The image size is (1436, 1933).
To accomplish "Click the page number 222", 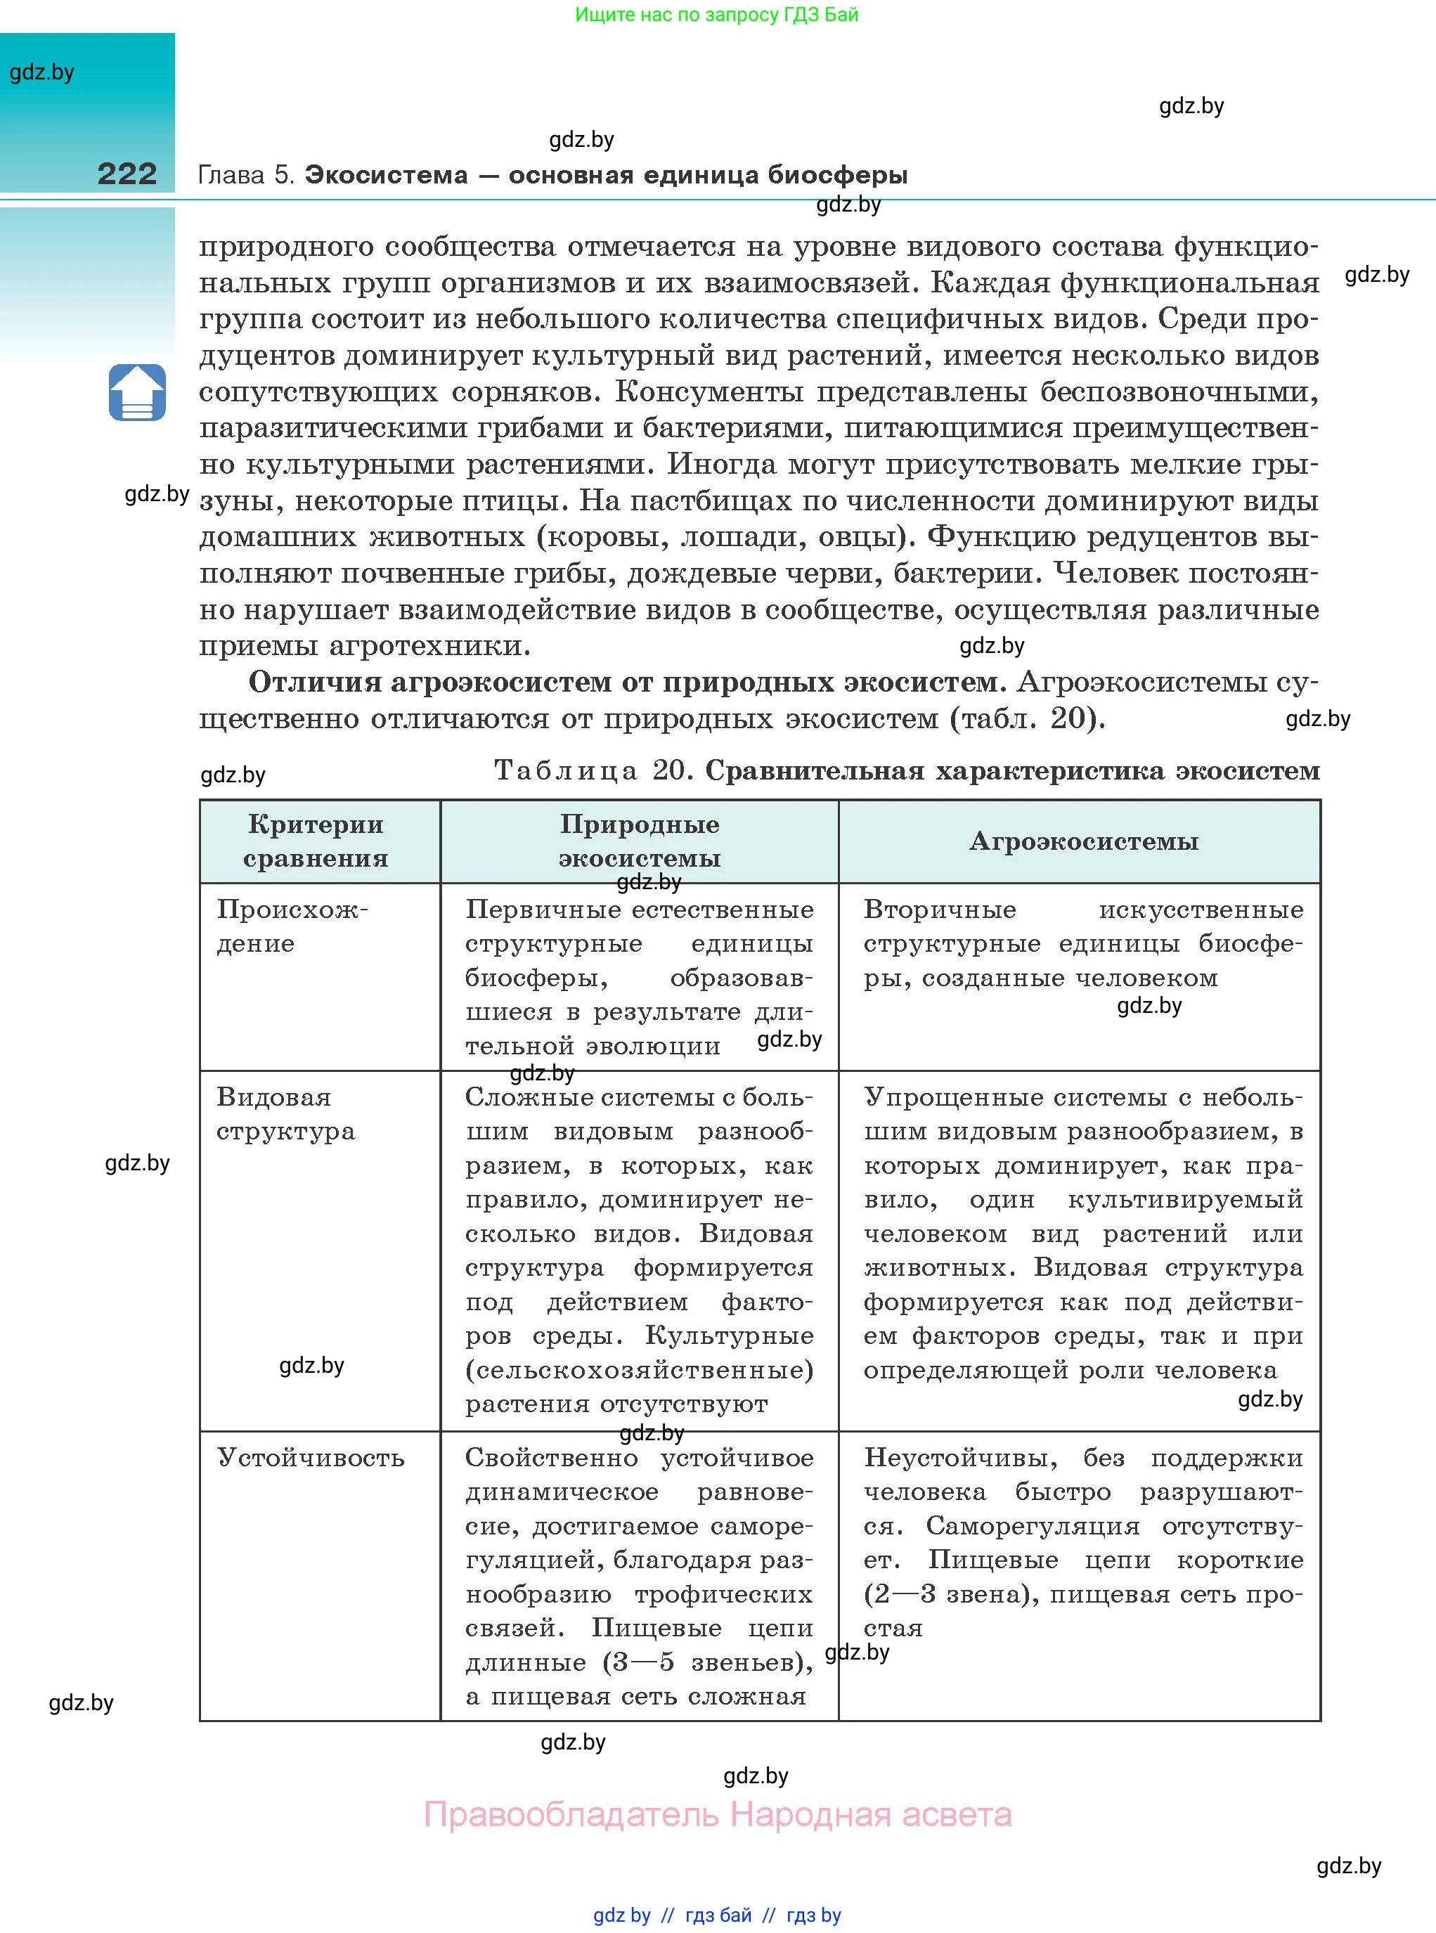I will click(127, 174).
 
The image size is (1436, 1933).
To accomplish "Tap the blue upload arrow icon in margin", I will click(137, 393).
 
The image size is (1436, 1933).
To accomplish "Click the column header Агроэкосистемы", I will click(1083, 841).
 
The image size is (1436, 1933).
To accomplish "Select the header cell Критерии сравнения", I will click(316, 841).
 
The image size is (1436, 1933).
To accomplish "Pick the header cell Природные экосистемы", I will click(639, 841).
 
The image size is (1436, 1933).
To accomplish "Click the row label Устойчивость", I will click(310, 1458).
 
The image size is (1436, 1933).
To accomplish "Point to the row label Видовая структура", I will click(285, 1113).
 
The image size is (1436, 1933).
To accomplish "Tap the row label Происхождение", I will click(292, 926).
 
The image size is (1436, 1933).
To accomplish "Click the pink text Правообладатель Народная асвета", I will click(717, 1815).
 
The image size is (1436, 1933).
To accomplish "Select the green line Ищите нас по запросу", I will click(716, 15).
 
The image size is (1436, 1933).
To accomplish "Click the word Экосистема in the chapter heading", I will click(386, 175).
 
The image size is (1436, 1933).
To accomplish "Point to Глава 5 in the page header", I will click(247, 175).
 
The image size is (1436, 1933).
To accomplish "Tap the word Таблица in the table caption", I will click(566, 770).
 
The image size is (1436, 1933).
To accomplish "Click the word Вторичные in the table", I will click(940, 910).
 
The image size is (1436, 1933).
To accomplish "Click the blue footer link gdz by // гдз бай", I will click(717, 1915).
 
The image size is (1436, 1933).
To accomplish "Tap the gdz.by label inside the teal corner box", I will click(41, 72).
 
